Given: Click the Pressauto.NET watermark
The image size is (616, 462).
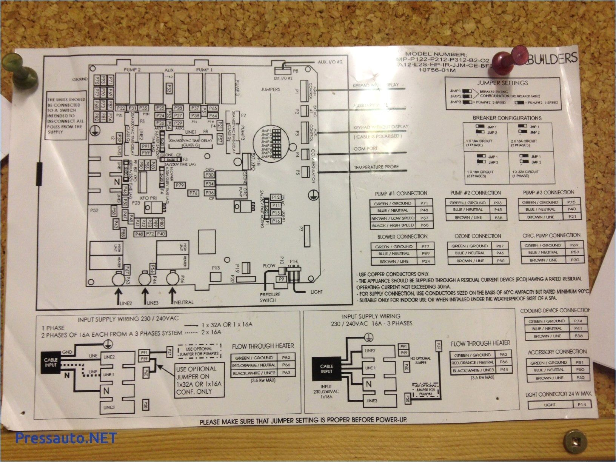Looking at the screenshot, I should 66,438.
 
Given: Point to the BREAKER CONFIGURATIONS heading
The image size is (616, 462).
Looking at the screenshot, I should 507,118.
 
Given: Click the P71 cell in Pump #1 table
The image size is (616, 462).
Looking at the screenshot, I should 423,203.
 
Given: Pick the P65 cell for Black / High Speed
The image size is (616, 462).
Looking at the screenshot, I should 423,225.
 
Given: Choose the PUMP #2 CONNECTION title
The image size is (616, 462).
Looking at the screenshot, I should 475,193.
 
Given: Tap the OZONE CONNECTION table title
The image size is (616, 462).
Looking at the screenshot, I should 478,236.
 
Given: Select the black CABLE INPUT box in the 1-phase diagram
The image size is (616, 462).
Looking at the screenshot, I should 51,363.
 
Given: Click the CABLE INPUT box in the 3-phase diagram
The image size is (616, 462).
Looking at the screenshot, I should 326,369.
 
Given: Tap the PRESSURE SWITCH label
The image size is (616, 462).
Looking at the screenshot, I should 270,297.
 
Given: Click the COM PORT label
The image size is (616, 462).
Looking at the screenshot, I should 365,149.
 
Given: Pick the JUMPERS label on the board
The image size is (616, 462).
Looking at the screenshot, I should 270,89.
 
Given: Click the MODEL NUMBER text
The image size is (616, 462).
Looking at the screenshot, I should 438,54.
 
